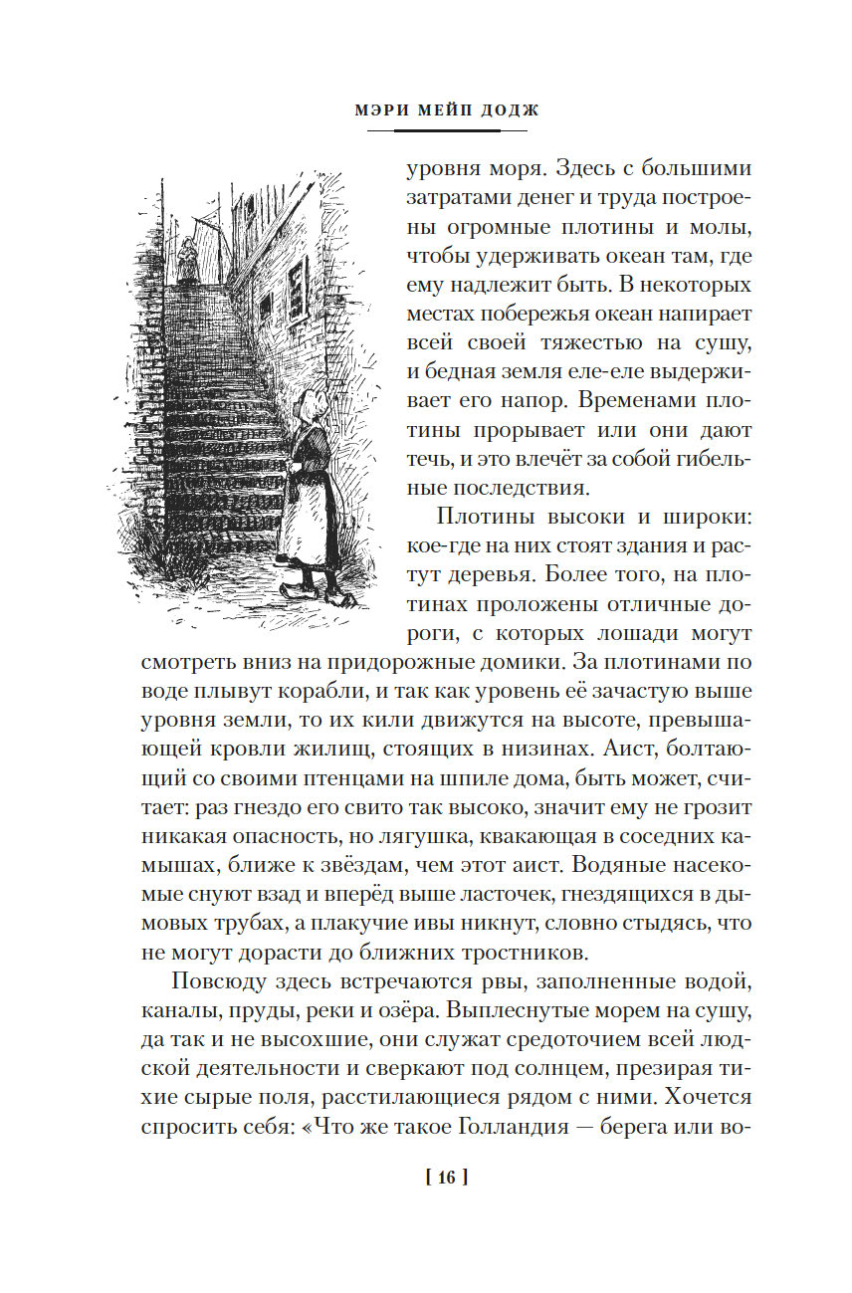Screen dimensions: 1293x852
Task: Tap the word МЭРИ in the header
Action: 383,110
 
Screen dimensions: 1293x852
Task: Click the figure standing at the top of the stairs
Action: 186,260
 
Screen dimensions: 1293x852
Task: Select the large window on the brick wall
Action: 296,284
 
